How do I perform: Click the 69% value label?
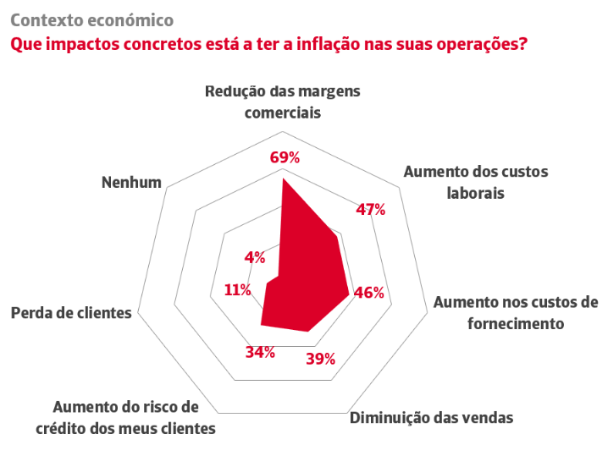coord(285,157)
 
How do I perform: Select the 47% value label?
coord(371,210)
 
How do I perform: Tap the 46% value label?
coord(368,293)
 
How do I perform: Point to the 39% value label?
coord(321,360)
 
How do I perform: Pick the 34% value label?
coord(260,352)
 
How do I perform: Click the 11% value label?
coord(238,290)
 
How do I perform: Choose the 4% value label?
coord(255,257)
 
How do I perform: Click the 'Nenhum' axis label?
coord(131,182)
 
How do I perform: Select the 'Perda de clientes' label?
coord(71,313)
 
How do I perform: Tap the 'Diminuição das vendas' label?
coord(432,418)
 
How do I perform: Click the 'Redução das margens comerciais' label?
coord(283,102)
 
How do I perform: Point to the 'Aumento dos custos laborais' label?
coord(476,182)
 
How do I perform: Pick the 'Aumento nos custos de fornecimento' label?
coord(516,313)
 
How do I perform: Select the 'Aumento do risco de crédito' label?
coord(125,418)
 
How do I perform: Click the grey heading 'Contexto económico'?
coord(92,20)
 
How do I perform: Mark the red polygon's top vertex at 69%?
coord(283,179)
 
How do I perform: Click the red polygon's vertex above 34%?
coord(261,325)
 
